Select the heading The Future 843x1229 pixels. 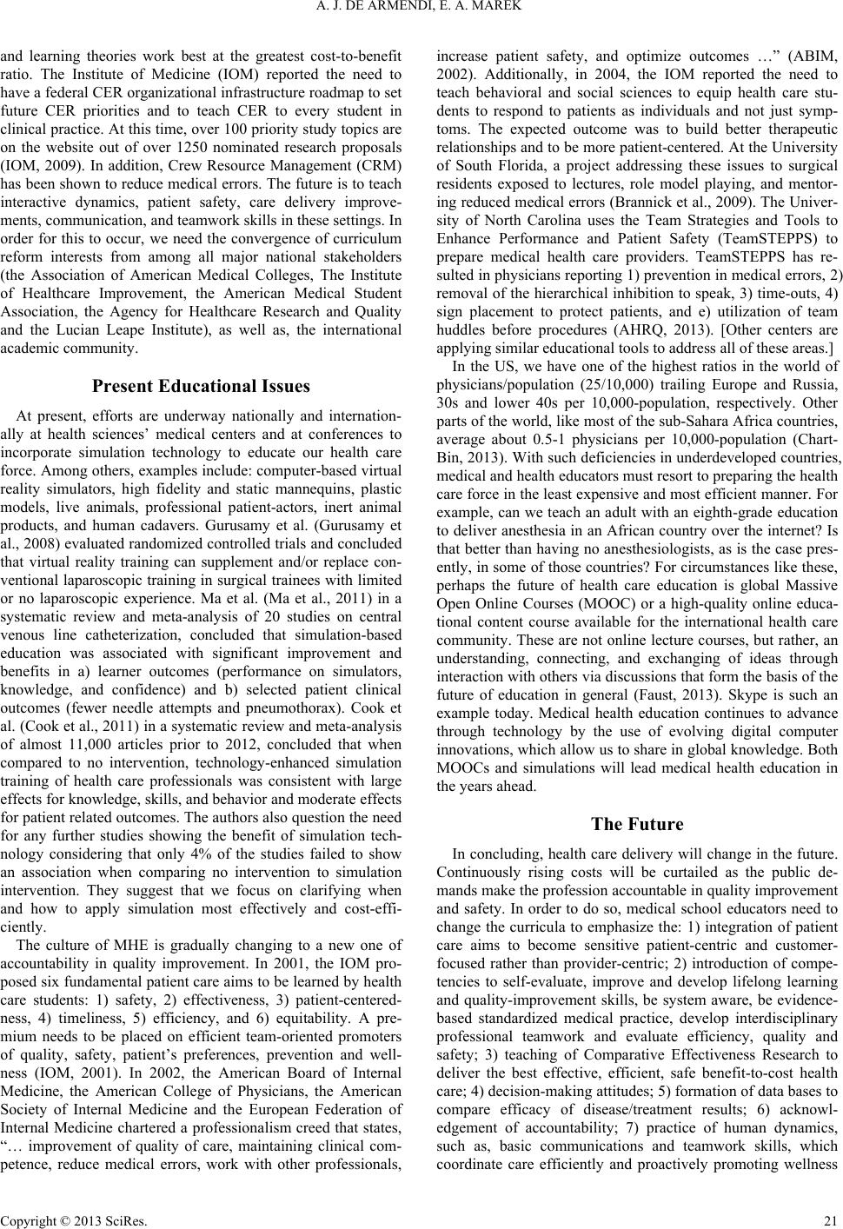coord(637,824)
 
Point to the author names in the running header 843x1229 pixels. coord(421,11)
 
